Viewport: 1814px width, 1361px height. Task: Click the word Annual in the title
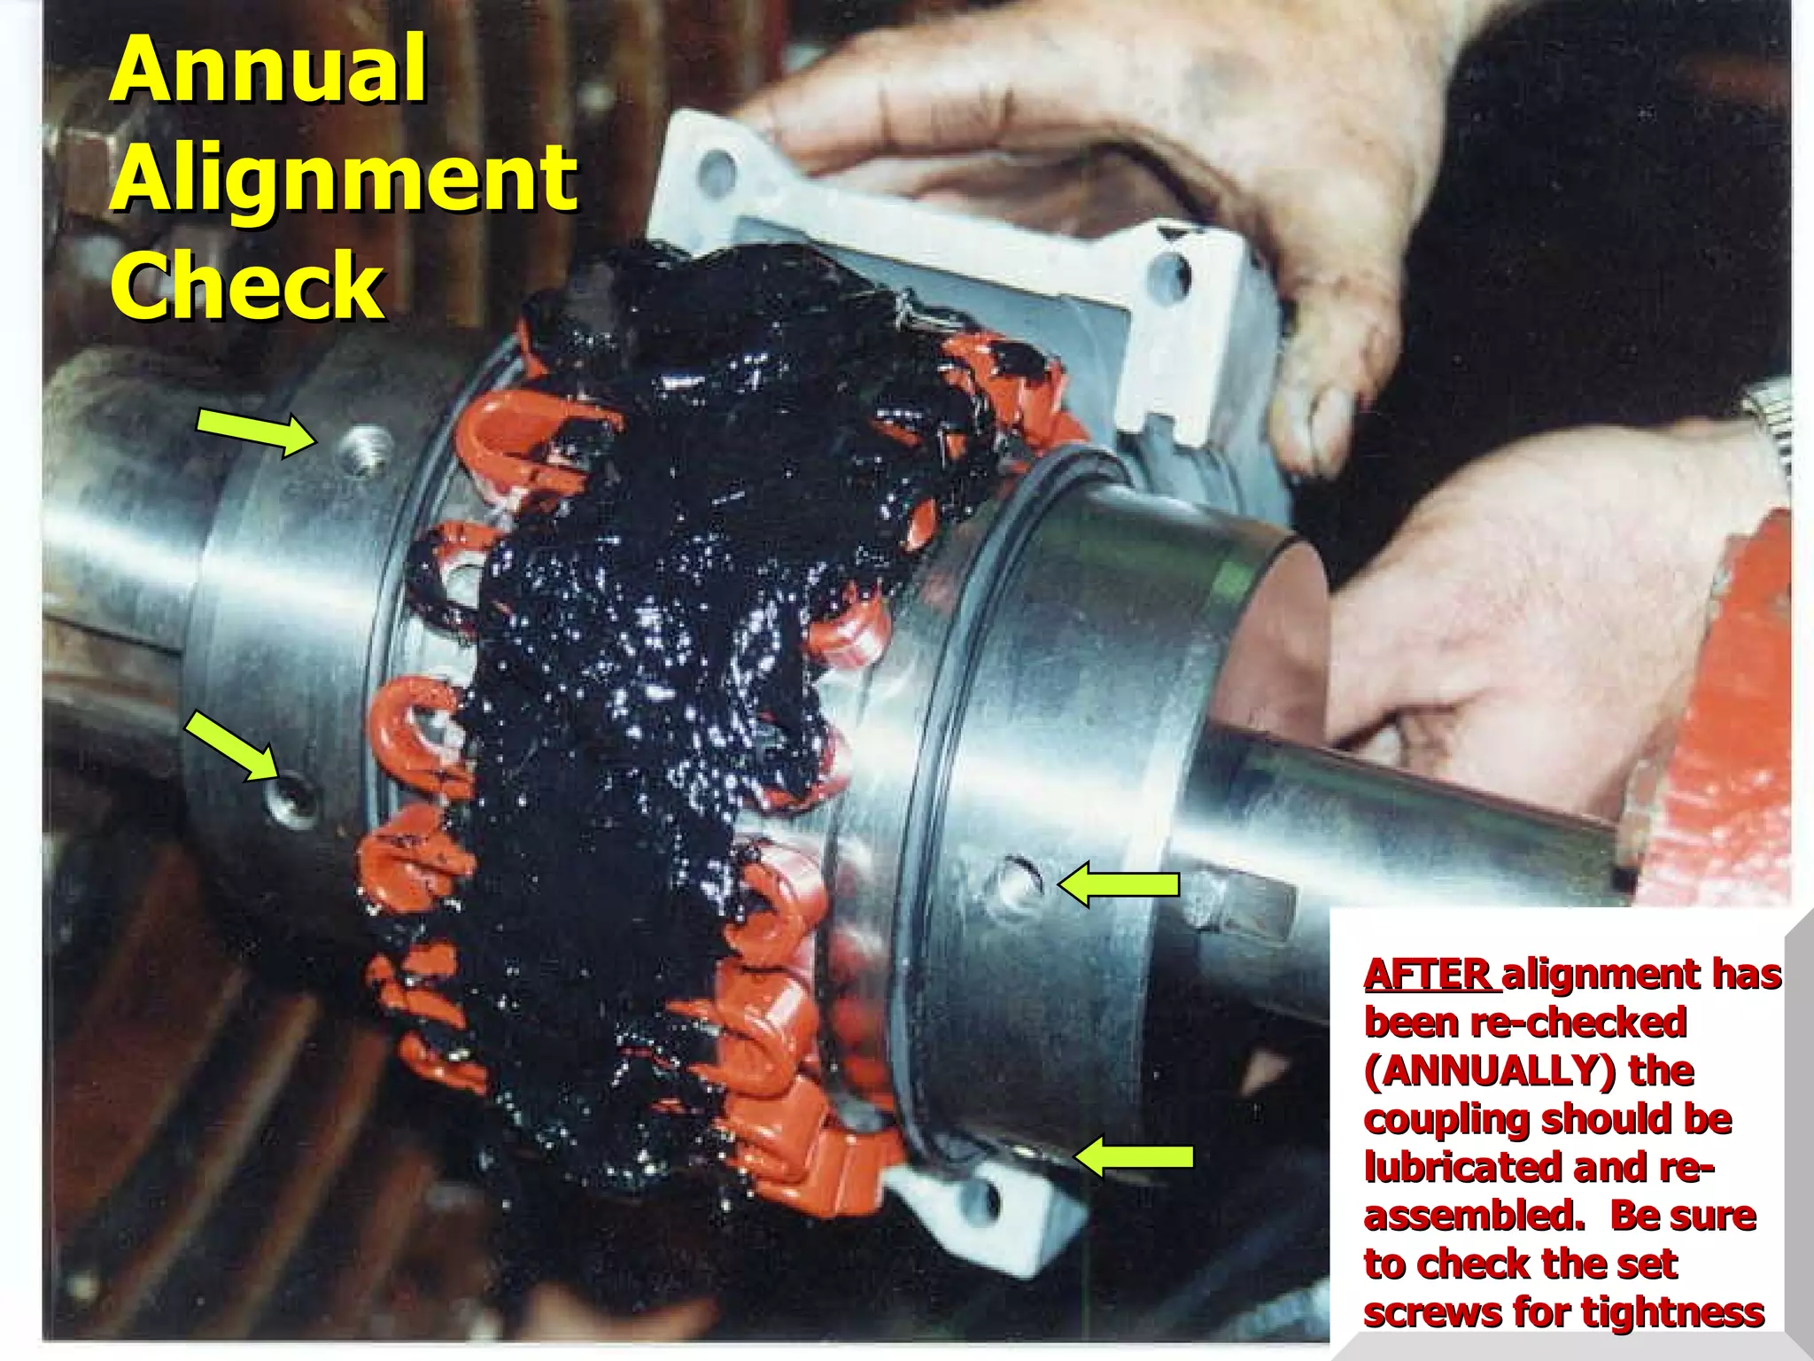[268, 70]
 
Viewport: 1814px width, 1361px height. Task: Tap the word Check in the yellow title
[247, 285]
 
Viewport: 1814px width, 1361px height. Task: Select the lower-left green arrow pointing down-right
[230, 746]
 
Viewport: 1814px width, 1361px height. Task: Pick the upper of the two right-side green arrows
[1120, 884]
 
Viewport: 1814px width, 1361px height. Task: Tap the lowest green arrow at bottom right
[1134, 1157]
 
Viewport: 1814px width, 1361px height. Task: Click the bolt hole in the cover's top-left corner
[715, 169]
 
